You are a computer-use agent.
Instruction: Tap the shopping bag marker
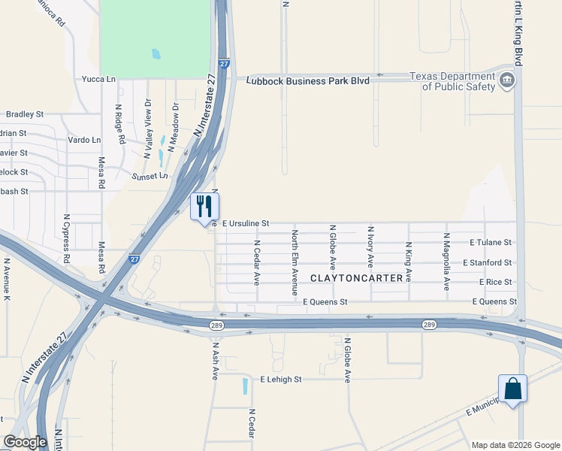click(x=512, y=389)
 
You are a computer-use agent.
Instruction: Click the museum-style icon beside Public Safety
click(x=507, y=80)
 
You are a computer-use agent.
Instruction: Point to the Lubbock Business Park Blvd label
click(x=308, y=80)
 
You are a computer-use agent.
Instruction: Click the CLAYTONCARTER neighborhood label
click(x=350, y=278)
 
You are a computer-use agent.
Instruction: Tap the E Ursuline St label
click(x=245, y=223)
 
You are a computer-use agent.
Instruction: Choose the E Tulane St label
click(x=491, y=243)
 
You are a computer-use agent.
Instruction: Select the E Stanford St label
click(x=488, y=262)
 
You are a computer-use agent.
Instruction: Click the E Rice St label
click(x=495, y=282)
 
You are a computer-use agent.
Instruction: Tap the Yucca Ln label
click(x=100, y=78)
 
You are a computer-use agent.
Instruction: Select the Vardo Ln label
click(x=84, y=140)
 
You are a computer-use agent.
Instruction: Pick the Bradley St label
click(x=25, y=114)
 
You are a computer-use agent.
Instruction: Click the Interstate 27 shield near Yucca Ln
click(x=224, y=65)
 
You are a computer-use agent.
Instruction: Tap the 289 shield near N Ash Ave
click(x=216, y=325)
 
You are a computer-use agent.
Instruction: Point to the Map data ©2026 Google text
click(x=515, y=445)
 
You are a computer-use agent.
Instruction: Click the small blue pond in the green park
click(x=156, y=54)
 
